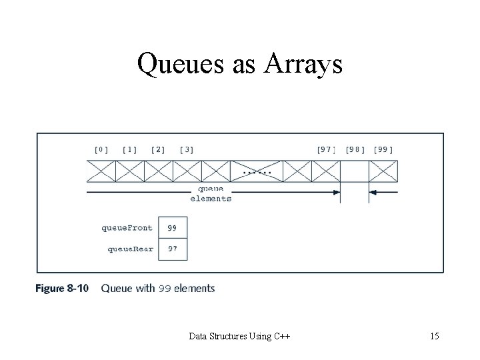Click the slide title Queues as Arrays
point(239,64)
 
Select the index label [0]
point(101,149)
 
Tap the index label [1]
point(129,149)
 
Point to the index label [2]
point(158,149)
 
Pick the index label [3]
point(187,149)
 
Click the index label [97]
point(325,149)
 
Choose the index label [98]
point(355,149)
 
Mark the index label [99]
point(383,149)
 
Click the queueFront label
point(127,227)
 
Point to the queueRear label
point(130,249)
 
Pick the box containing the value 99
point(173,227)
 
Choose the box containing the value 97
point(173,249)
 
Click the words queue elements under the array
point(211,193)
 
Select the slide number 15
point(434,336)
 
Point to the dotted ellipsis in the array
point(257,172)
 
